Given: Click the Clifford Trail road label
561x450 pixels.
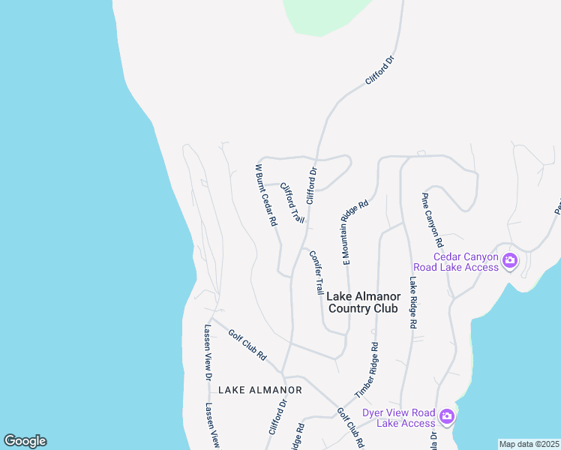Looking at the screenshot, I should click(x=292, y=202).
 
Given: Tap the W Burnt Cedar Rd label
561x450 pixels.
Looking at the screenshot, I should click(x=266, y=195).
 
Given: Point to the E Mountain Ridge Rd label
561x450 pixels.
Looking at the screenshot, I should click(x=356, y=232).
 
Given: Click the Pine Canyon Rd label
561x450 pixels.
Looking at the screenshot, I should click(x=432, y=220).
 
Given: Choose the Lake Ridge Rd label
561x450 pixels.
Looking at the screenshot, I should click(x=412, y=303).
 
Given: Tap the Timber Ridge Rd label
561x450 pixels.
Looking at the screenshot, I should click(x=367, y=370).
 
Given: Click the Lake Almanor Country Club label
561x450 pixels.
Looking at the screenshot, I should click(x=364, y=302).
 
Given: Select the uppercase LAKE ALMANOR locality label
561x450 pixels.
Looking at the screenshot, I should click(x=260, y=390).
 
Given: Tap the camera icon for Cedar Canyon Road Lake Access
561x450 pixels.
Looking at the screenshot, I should click(x=510, y=261).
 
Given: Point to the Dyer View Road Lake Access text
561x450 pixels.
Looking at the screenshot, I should click(x=398, y=418).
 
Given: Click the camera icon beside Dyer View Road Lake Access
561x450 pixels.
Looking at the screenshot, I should click(x=447, y=416).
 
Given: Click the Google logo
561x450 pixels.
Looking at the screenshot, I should click(x=25, y=441).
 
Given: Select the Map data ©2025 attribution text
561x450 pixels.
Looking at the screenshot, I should click(x=529, y=444).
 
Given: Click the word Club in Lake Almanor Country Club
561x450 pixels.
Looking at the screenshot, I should click(x=386, y=308).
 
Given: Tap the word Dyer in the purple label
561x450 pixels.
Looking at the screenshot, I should click(x=374, y=412).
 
